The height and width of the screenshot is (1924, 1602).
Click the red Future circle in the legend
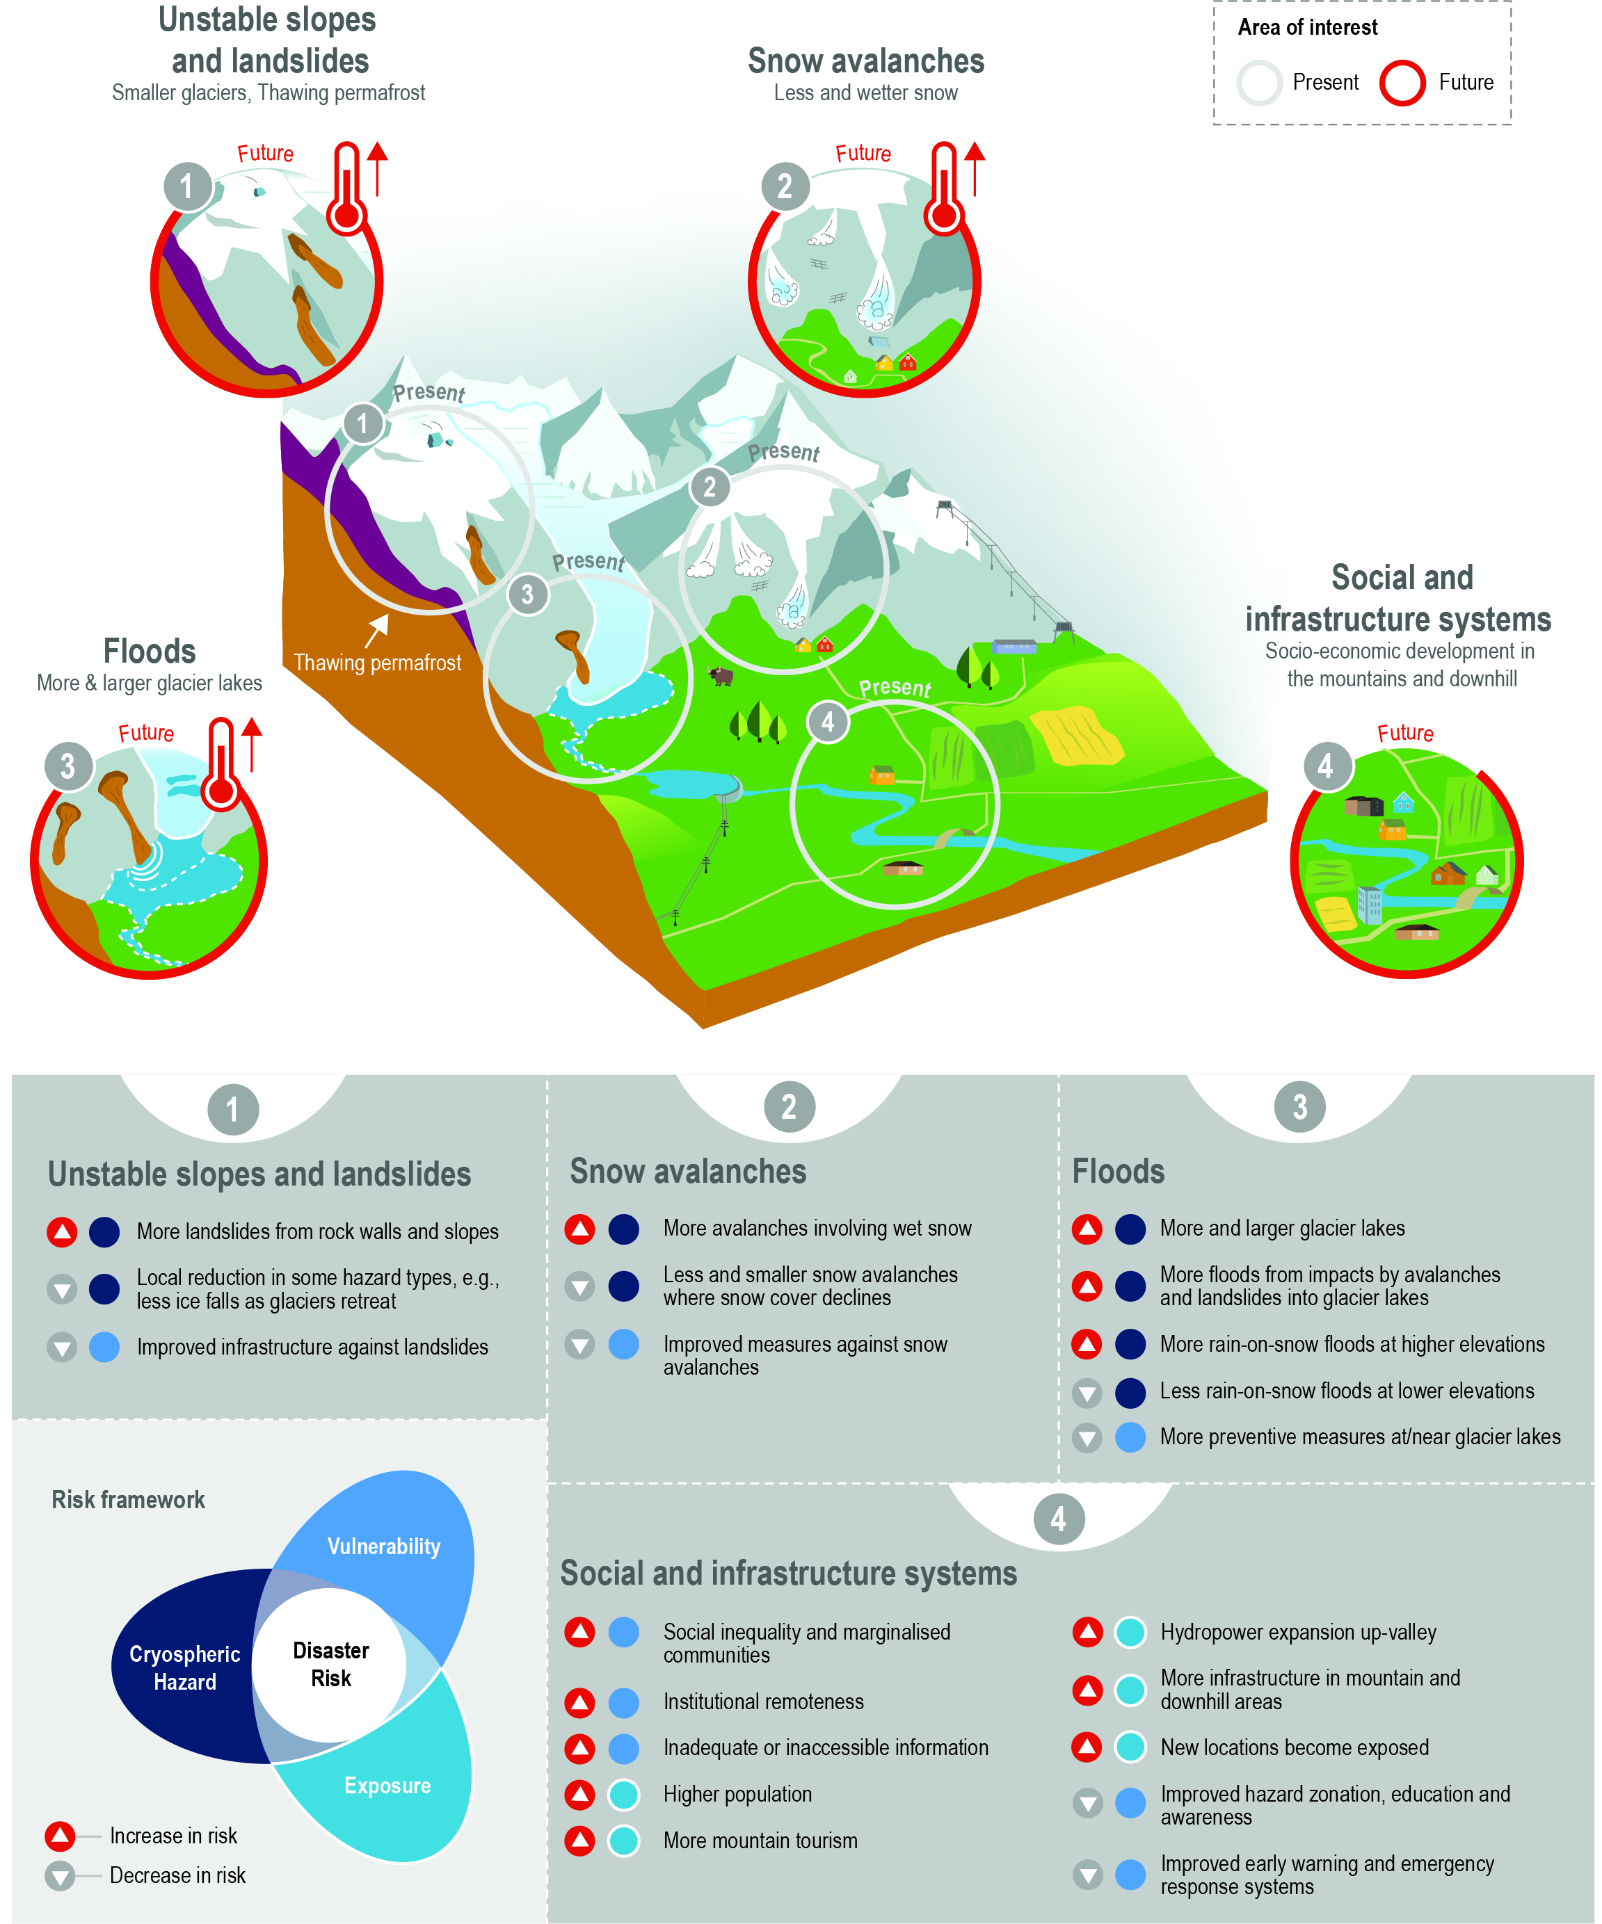pos(1402,83)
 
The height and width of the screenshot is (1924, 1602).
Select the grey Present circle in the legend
pos(1258,83)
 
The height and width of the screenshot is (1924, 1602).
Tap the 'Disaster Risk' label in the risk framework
pos(331,1664)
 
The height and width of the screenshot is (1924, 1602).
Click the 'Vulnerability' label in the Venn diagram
pos(384,1546)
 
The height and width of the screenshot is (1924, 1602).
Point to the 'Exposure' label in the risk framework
pos(387,1786)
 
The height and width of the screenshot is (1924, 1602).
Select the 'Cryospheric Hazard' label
pos(184,1667)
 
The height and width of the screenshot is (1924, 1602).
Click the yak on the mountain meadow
pos(721,676)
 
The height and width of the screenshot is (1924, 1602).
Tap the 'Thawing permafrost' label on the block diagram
pos(378,663)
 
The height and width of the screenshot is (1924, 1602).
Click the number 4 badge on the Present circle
pos(828,722)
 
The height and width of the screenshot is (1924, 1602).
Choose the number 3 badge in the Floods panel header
pos(1299,1107)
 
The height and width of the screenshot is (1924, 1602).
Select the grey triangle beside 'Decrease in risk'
pos(61,1875)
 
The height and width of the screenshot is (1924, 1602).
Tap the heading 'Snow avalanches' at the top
pos(866,61)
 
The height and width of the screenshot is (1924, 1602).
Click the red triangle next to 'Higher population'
pos(579,1794)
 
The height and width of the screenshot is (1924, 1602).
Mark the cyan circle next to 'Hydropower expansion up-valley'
pos(1130,1632)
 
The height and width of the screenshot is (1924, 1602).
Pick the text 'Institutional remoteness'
pos(763,1701)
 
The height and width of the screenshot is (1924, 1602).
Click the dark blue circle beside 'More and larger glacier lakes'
pos(1130,1229)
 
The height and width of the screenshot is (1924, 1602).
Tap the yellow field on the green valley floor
pos(1077,736)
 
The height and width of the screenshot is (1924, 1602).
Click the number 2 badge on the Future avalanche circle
pos(785,186)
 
